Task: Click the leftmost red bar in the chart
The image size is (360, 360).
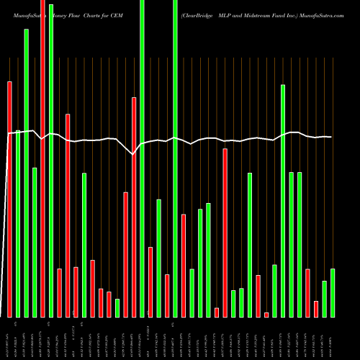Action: click(10, 199)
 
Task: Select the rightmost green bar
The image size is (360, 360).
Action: click(332, 292)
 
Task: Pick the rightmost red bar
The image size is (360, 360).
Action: click(316, 309)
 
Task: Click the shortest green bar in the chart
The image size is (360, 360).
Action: click(117, 308)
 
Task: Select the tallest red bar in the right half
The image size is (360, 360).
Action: click(225, 233)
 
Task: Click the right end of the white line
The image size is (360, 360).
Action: click(331, 137)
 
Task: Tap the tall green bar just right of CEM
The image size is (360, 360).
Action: click(142, 158)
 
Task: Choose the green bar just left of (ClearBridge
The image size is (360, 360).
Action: click(175, 158)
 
